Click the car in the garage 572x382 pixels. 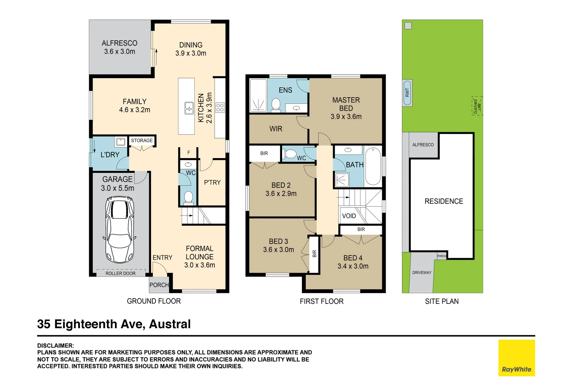[x=120, y=230]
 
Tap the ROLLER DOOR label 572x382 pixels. [x=120, y=273]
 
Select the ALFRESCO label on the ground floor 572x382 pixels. [x=119, y=43]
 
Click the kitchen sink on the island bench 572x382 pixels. [x=189, y=108]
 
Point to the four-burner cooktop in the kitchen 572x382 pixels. [x=220, y=108]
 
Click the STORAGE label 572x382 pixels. [x=142, y=140]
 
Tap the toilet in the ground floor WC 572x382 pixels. [x=188, y=197]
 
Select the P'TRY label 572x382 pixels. [x=212, y=183]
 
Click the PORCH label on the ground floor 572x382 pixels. [x=159, y=285]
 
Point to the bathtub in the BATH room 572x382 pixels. [x=373, y=166]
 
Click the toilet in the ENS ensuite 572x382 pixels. [x=276, y=105]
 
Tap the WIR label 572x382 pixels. [x=276, y=129]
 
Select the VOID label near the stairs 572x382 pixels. [x=349, y=216]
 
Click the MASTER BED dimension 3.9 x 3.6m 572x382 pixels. [x=346, y=117]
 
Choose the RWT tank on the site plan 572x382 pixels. [x=407, y=93]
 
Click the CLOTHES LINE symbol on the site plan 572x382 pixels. [x=477, y=106]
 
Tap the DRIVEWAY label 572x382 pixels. [x=422, y=273]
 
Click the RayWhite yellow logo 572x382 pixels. [x=516, y=358]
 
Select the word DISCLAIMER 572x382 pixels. [x=56, y=346]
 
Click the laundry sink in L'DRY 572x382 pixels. [x=121, y=142]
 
